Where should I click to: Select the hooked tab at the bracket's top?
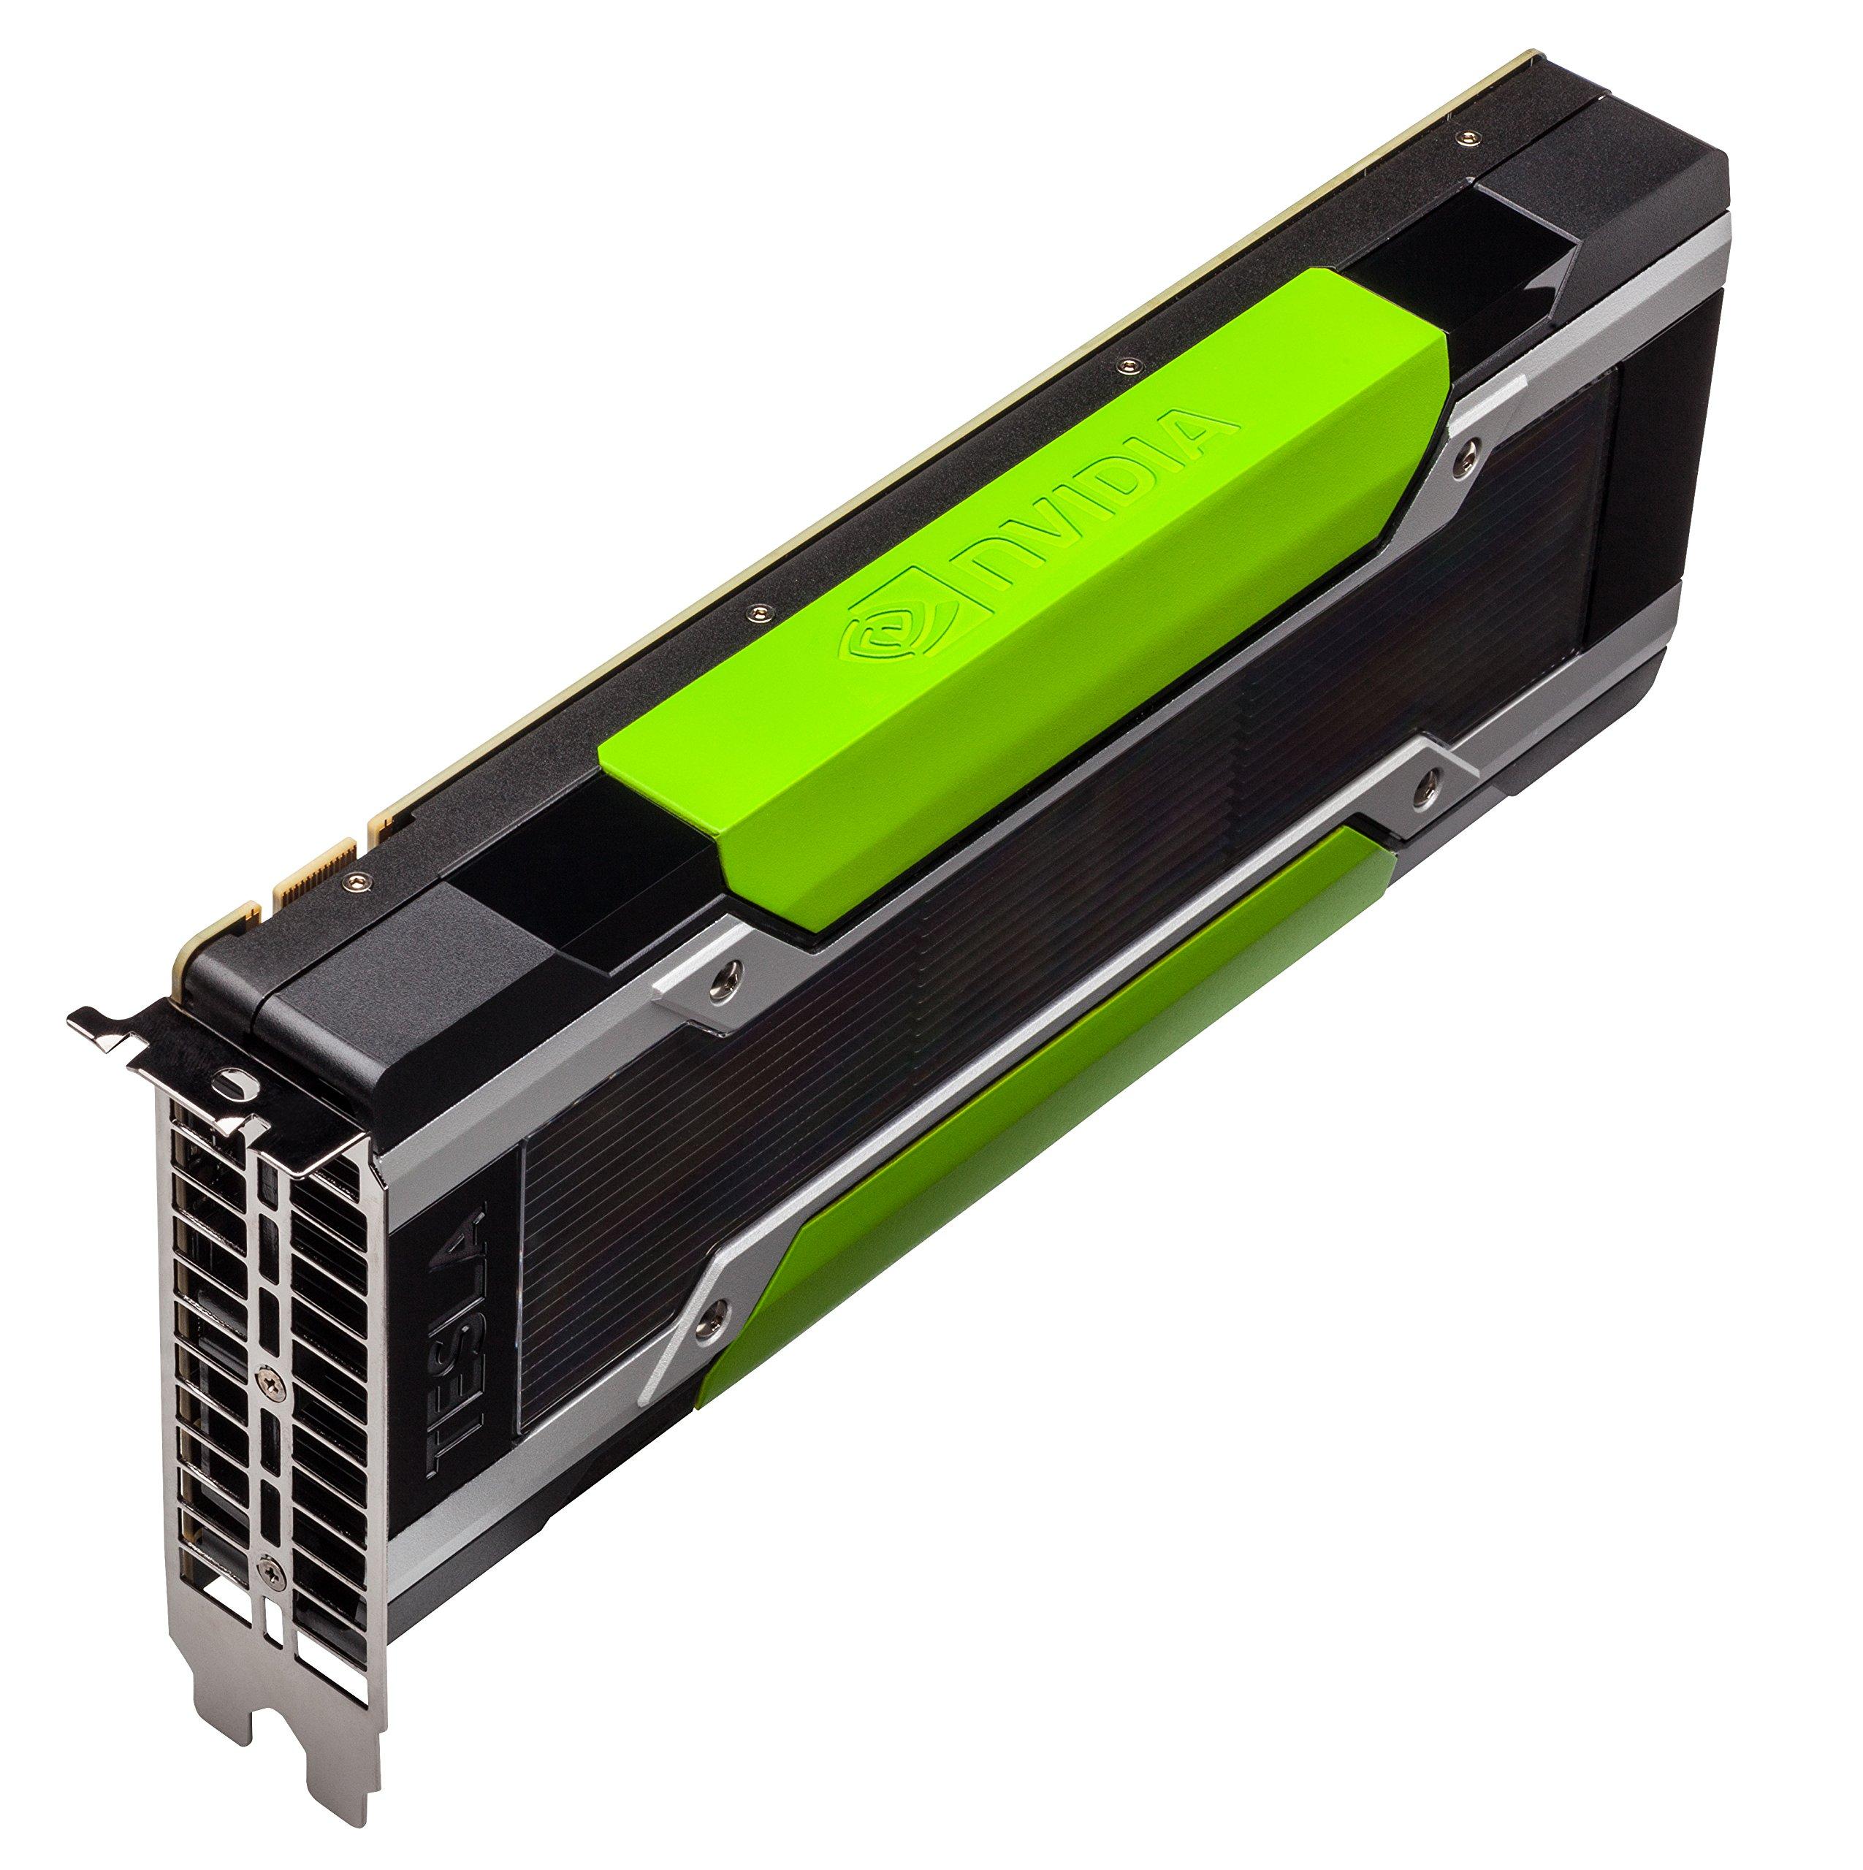click(x=97, y=1026)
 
